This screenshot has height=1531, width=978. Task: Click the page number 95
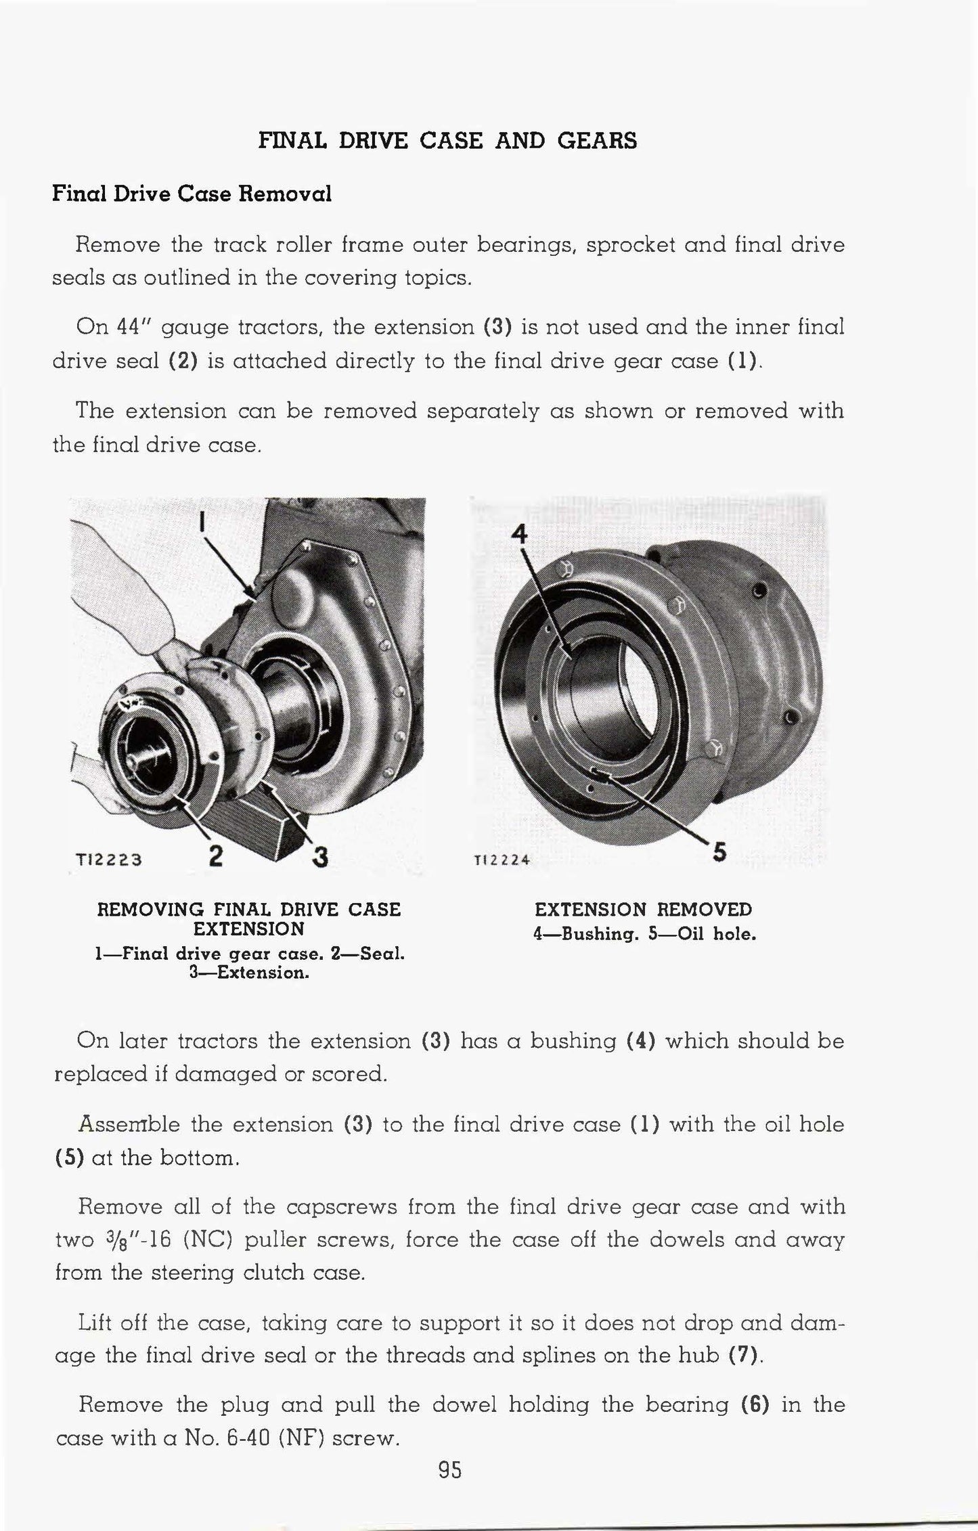449,1469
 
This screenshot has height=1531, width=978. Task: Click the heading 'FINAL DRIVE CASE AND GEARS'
448,140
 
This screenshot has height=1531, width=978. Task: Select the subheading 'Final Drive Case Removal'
192,194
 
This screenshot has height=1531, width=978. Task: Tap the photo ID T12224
502,860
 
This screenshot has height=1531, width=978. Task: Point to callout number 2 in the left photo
216,856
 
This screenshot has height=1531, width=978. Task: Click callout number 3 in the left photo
319,857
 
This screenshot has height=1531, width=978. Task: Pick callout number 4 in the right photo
519,534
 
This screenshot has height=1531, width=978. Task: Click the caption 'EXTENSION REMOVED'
643,909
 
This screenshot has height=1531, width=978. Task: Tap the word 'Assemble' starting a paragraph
129,1125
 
